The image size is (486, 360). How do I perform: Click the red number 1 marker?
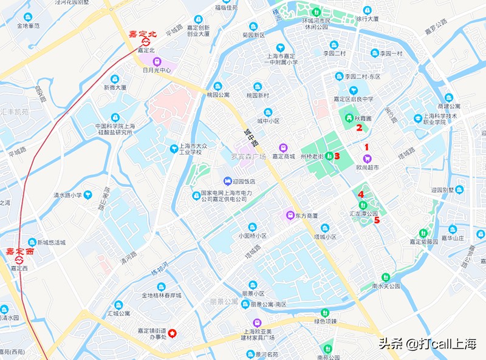click(x=366, y=146)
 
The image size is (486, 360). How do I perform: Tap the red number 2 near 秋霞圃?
click(x=359, y=127)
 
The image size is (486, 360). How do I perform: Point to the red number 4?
click(x=361, y=194)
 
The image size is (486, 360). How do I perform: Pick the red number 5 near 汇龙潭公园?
click(x=377, y=220)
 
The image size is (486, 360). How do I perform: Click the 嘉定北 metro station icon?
click(x=145, y=42)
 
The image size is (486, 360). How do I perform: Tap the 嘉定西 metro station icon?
click(x=19, y=260)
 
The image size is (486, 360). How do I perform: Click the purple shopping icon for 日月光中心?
click(x=157, y=61)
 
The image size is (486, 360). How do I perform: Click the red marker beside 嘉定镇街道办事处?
click(x=173, y=333)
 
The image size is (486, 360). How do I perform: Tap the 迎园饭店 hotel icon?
click(x=227, y=181)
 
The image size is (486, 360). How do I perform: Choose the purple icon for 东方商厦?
click(x=290, y=216)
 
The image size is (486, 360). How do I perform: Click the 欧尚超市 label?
click(x=368, y=167)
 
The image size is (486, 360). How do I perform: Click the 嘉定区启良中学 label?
click(x=354, y=99)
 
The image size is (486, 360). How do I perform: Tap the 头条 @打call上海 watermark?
click(x=428, y=343)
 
